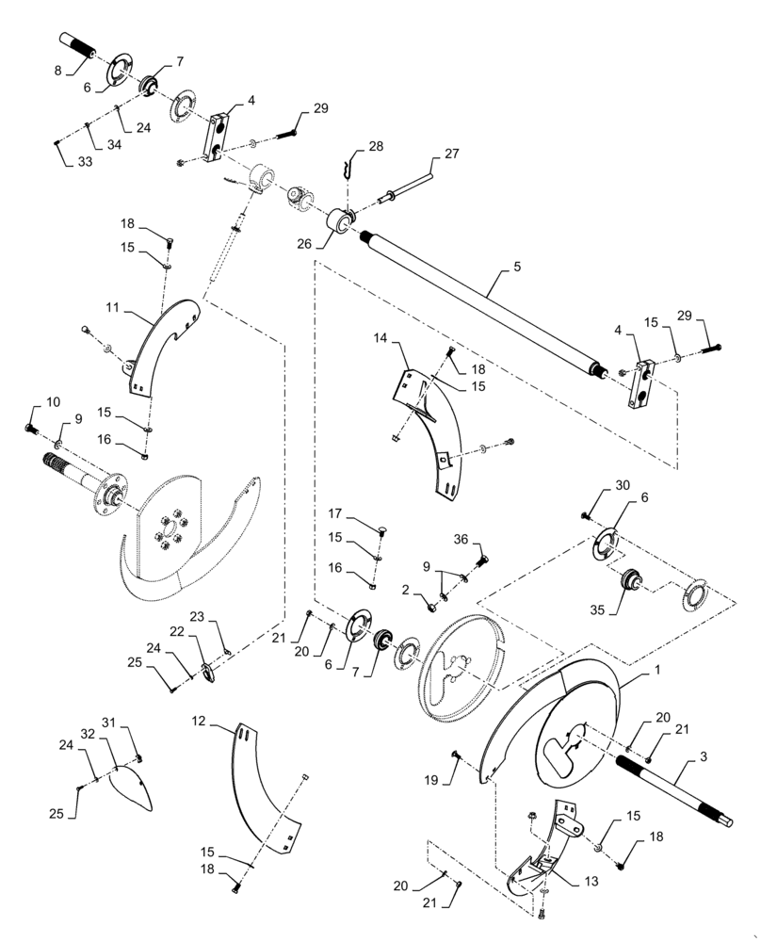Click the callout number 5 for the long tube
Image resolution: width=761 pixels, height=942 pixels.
517,267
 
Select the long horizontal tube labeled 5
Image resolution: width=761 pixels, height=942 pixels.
480,305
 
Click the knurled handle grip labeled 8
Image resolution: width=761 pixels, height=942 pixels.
79,44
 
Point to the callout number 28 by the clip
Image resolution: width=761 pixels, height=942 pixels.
376,146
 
